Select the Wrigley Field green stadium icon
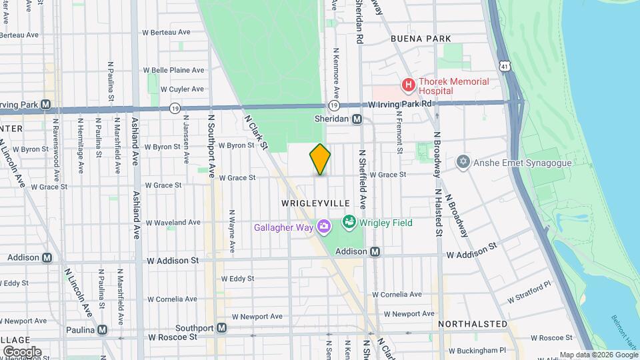pos(348,222)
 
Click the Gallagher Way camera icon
pos(324,228)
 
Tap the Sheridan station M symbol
pos(357,119)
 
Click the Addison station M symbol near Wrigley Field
pos(375,252)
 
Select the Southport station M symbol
pos(221,328)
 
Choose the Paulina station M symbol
pos(102,330)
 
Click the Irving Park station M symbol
pos(45,104)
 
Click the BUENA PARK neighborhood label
pos(421,39)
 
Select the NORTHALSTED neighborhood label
pos(473,324)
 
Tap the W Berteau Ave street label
pos(166,32)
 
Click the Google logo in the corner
pos(22,351)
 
